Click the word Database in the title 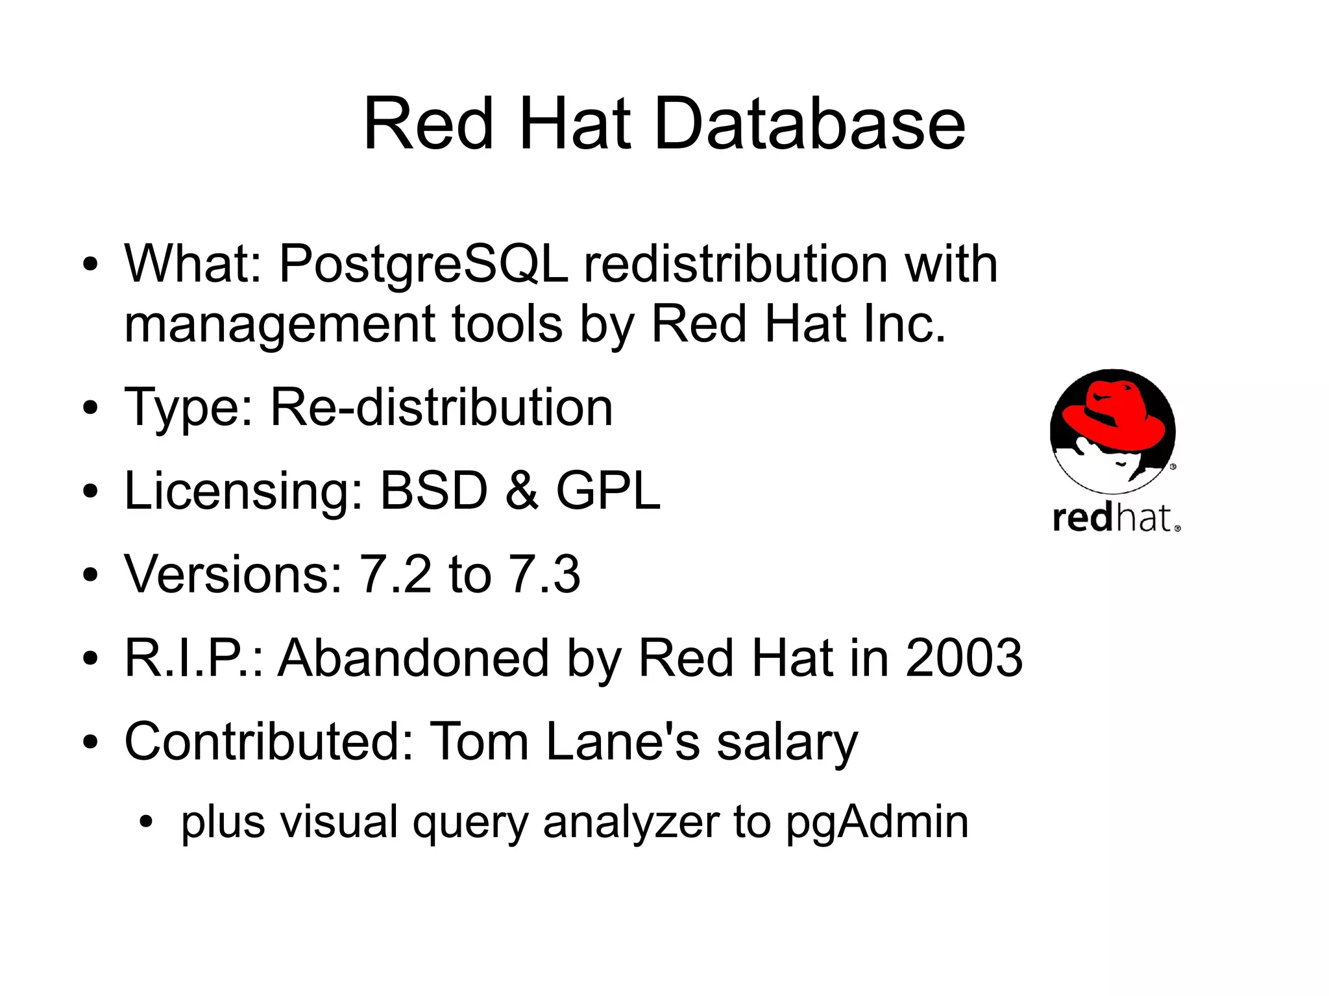(x=810, y=123)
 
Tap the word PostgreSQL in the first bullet (x=423, y=265)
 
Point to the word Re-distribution (x=441, y=407)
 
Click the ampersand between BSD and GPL (x=522, y=491)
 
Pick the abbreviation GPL (x=608, y=491)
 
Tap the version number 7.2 (x=395, y=574)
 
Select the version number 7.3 (x=544, y=574)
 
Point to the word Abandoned (x=413, y=657)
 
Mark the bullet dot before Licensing (x=90, y=492)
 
